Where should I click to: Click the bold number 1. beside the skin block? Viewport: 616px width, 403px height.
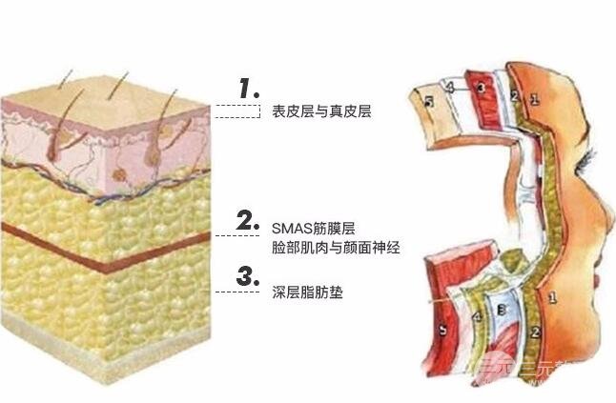pyautogui.click(x=249, y=90)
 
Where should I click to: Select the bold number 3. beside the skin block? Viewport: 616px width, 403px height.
pyautogui.click(x=249, y=276)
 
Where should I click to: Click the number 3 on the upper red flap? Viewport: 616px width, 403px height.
pyautogui.click(x=482, y=89)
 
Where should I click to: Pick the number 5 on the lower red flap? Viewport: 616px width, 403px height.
pyautogui.click(x=441, y=331)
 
